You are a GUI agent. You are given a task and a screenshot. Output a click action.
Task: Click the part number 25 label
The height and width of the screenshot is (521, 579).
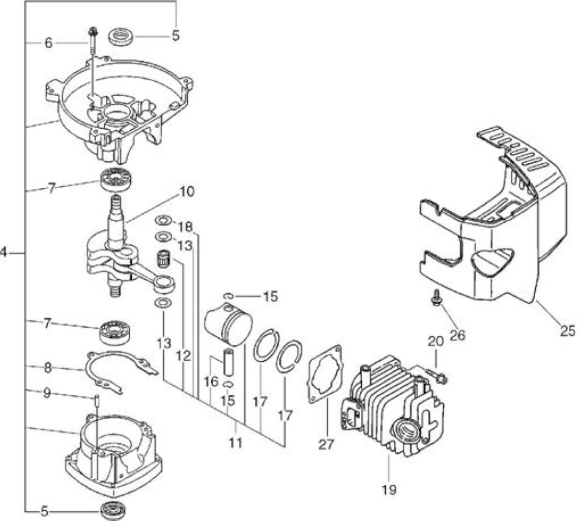(x=567, y=330)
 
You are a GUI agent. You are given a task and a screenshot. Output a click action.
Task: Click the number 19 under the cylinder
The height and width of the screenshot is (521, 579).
(x=389, y=489)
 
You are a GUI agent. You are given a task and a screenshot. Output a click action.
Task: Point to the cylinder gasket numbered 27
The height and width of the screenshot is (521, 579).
(x=325, y=373)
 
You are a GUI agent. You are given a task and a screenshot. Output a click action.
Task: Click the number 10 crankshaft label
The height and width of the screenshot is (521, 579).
(x=187, y=192)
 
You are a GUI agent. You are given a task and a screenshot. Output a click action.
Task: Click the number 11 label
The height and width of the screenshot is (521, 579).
(x=235, y=442)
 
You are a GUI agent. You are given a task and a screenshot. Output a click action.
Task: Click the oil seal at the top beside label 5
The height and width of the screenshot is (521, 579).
(x=121, y=37)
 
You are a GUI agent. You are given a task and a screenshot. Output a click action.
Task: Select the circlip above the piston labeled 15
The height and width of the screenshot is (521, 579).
(x=228, y=296)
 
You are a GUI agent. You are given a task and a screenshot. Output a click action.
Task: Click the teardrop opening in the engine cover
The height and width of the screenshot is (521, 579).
(x=491, y=260)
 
